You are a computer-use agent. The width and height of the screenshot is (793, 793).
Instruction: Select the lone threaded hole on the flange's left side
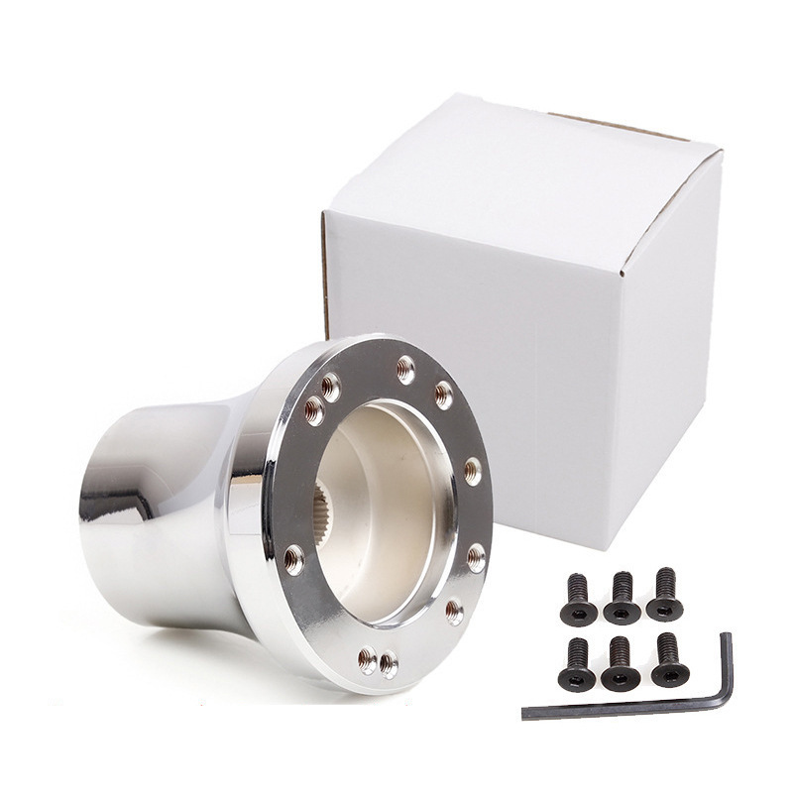tap(293, 561)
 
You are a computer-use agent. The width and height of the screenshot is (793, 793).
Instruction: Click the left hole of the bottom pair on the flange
tap(367, 657)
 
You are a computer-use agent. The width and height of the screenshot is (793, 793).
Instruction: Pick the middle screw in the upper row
tap(622, 598)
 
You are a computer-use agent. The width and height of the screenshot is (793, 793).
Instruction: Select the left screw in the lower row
tap(577, 664)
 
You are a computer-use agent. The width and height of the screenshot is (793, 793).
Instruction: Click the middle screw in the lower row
tap(621, 663)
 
